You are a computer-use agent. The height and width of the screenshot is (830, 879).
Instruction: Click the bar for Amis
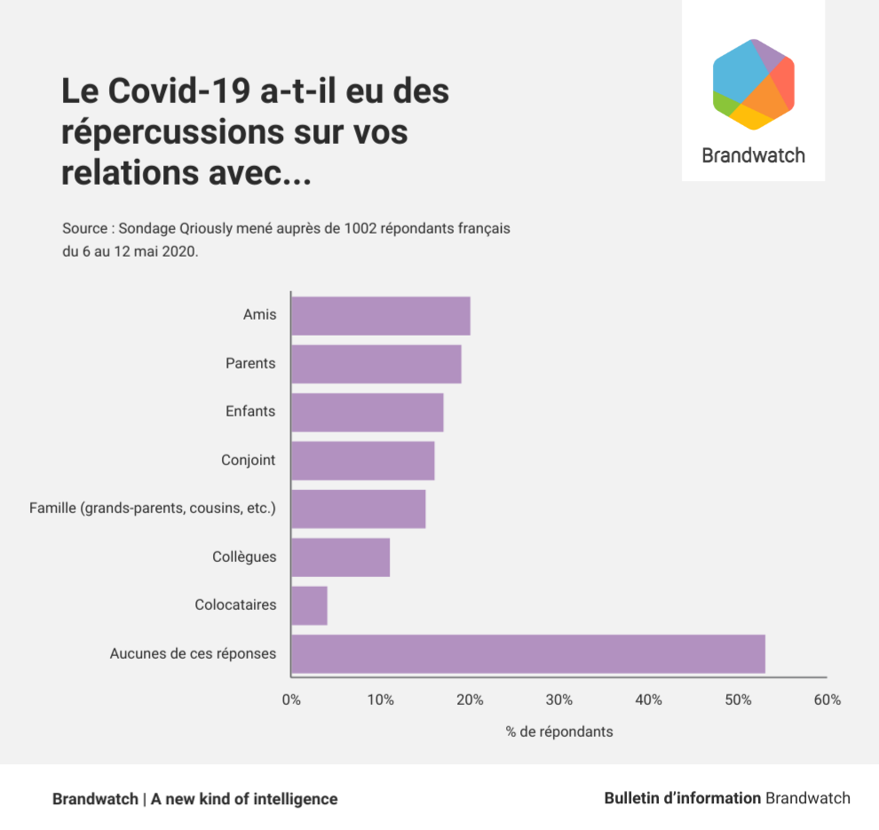point(380,316)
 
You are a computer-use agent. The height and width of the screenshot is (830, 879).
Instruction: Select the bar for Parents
point(376,364)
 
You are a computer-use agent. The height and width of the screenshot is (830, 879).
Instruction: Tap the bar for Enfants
point(367,413)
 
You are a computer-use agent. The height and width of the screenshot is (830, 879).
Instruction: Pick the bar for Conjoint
point(362,461)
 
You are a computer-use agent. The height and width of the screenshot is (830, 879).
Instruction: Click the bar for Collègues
point(340,557)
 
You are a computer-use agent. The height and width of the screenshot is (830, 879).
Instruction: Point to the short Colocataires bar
point(309,605)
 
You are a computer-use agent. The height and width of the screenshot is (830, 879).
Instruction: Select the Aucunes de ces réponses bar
point(527,654)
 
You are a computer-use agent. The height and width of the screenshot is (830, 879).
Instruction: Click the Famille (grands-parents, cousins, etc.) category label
point(153,509)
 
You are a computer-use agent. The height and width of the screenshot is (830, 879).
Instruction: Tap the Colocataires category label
point(235,605)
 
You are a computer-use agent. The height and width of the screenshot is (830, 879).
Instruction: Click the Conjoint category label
point(249,461)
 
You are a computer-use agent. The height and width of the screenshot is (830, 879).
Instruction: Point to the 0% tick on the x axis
point(291,700)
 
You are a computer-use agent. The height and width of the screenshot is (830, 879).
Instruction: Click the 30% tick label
point(559,700)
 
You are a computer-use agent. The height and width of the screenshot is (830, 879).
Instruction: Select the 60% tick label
point(827,700)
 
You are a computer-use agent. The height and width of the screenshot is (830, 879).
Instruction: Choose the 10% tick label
point(380,700)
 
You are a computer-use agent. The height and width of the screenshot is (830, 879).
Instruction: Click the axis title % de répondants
point(559,732)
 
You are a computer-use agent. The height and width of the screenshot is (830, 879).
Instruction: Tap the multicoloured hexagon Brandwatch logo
point(753,84)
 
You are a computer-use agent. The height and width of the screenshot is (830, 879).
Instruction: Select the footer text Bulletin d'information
point(682,798)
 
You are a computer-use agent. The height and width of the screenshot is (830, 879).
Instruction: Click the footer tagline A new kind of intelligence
point(244,799)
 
